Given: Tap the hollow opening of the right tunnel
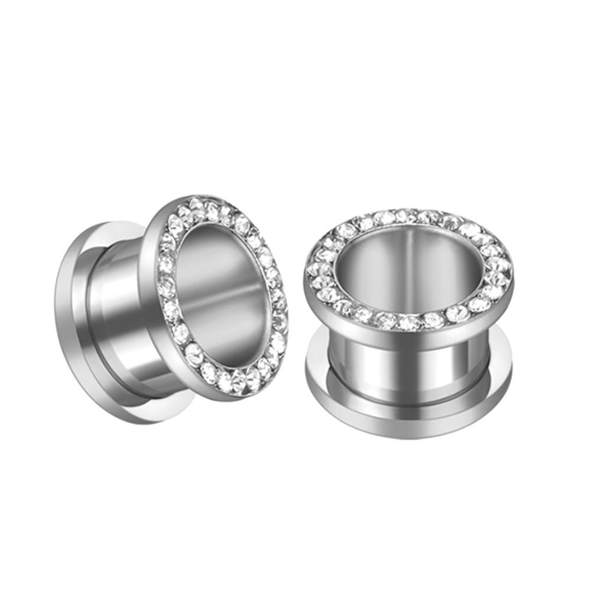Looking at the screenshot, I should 408,266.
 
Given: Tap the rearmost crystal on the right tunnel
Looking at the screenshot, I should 408,216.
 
